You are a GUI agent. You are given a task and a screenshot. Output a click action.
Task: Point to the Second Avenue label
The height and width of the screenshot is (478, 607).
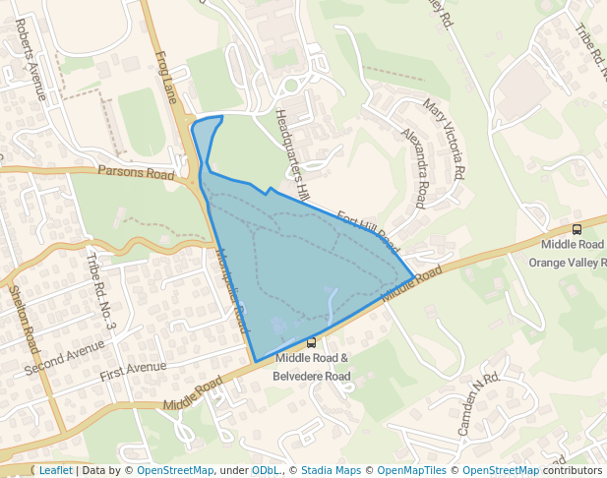[65, 356]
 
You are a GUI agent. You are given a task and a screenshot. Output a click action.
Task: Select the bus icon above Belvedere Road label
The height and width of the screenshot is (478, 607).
[312, 343]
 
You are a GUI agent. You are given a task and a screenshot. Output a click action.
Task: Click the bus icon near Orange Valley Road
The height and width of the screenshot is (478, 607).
[577, 229]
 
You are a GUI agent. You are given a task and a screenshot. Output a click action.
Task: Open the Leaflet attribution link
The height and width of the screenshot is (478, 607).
[55, 470]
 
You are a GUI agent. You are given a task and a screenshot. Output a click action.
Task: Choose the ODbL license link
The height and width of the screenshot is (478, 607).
[265, 470]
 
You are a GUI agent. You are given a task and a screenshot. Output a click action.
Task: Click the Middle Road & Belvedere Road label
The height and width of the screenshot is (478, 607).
[311, 367]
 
